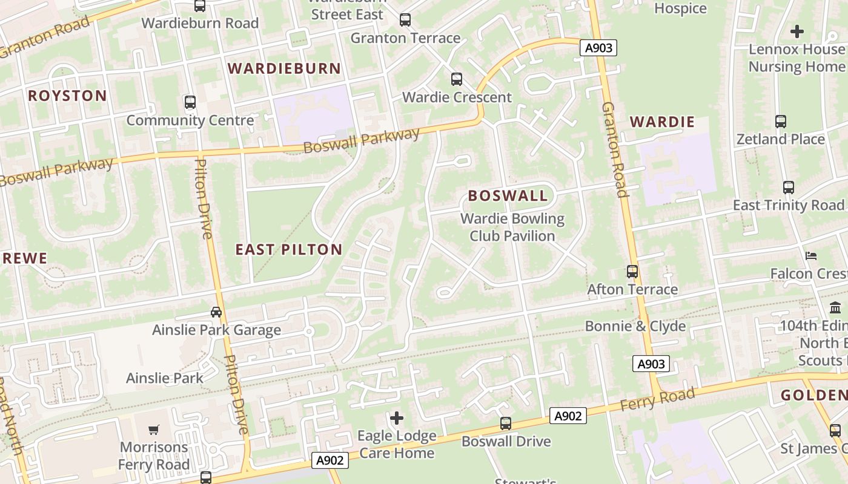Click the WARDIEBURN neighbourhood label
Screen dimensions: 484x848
(x=284, y=68)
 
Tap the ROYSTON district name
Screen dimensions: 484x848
(x=67, y=96)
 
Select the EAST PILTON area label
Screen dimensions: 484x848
(x=289, y=249)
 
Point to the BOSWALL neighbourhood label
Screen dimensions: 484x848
(x=508, y=195)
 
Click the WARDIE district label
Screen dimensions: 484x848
(x=662, y=122)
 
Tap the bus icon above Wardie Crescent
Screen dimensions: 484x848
(x=456, y=79)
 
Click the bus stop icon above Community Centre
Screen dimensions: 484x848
(x=190, y=102)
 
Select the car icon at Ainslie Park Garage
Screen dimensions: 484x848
(x=216, y=312)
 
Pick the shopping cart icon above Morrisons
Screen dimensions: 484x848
(x=154, y=430)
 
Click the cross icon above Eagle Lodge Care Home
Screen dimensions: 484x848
(x=397, y=418)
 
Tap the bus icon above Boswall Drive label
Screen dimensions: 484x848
(x=506, y=423)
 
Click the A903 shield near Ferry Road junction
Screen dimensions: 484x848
(x=651, y=364)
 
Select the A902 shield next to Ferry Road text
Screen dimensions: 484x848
(x=568, y=416)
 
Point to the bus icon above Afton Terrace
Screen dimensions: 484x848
(x=632, y=272)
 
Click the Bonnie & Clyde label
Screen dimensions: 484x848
(x=635, y=326)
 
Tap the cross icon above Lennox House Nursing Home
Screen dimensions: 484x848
(x=797, y=31)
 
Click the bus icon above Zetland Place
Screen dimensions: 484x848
(x=781, y=122)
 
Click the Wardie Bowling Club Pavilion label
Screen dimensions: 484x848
(x=512, y=227)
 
